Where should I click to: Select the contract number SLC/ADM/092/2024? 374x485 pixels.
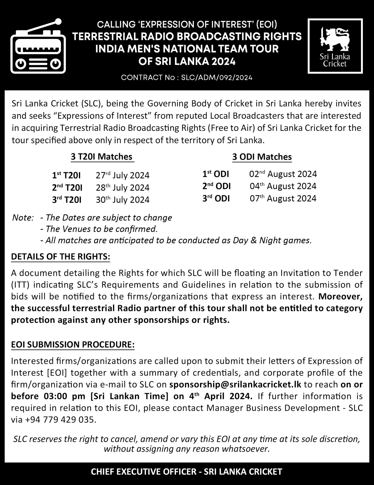click(217, 78)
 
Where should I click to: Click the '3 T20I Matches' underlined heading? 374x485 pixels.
click(102, 157)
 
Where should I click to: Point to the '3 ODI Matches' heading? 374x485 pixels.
click(262, 157)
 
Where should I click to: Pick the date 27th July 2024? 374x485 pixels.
click(122, 175)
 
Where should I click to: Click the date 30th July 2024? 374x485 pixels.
click(122, 200)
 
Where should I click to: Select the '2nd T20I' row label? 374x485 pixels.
click(67, 188)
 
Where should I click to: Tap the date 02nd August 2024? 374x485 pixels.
click(283, 174)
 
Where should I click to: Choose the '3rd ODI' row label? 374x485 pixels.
click(216, 199)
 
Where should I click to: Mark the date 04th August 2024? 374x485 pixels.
click(283, 186)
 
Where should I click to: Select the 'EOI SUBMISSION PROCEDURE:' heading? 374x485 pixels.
click(73, 345)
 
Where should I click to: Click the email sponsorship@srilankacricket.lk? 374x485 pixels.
click(235, 384)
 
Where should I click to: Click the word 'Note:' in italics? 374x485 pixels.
click(23, 217)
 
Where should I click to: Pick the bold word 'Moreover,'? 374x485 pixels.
click(340, 296)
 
